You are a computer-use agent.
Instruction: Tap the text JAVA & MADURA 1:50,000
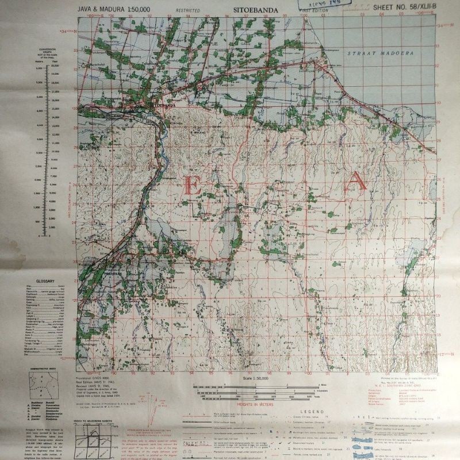tap(110, 10)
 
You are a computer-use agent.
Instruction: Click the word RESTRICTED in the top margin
tap(188, 10)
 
